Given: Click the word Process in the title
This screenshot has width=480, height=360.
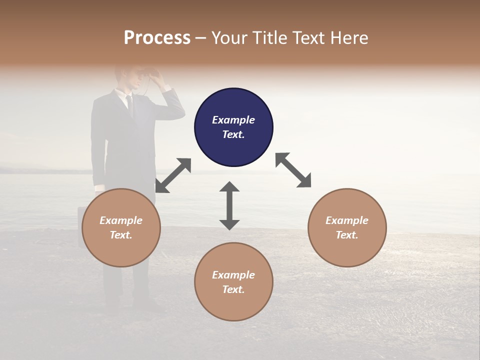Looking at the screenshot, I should point(157,38).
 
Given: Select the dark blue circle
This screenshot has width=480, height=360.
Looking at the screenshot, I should point(233,127).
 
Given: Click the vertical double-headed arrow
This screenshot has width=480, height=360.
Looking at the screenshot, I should point(229,205).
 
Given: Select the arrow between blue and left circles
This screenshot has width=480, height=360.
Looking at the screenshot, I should point(173,175).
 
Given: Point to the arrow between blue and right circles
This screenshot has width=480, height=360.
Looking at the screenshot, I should point(293,170).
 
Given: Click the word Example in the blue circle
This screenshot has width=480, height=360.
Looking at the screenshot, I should point(233,120).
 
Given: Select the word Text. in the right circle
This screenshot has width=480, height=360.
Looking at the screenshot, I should point(347,235).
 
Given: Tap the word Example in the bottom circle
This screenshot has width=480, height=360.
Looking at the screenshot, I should point(233,275).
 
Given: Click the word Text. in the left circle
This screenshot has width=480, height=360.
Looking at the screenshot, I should point(121,235).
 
